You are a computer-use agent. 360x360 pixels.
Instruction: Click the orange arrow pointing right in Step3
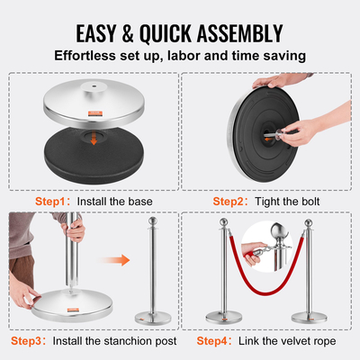coord(119,262)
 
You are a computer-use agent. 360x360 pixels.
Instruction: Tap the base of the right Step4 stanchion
coord(335,319)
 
